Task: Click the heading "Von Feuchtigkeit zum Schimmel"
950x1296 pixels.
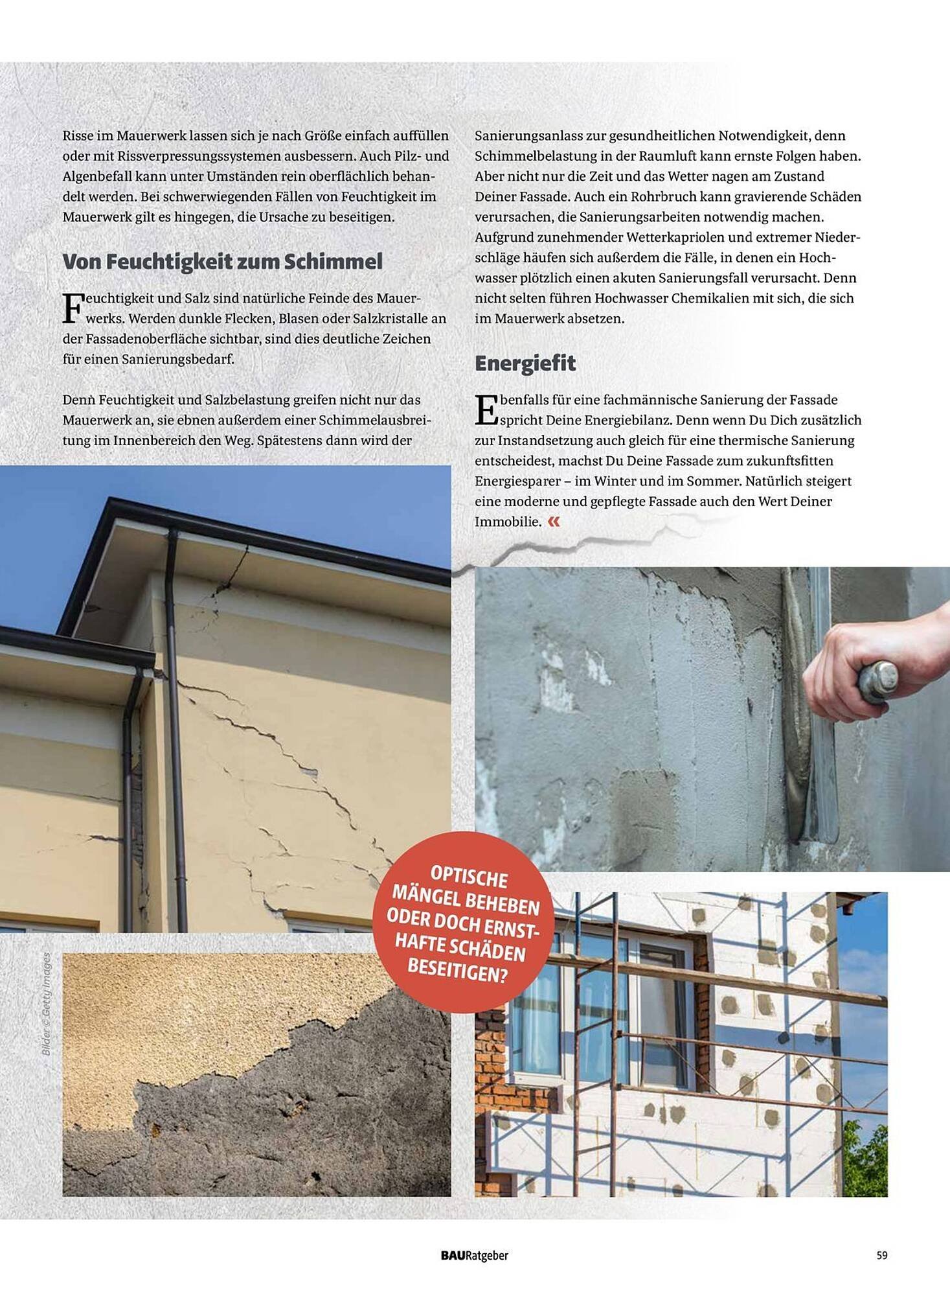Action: (x=222, y=262)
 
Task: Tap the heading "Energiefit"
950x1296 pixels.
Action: (x=525, y=364)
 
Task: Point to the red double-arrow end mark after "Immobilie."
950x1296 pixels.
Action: (x=554, y=522)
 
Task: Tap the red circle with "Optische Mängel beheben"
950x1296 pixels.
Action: (x=463, y=920)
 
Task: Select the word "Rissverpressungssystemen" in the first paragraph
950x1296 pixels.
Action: (x=201, y=156)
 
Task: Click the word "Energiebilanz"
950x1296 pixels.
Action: (x=626, y=420)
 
